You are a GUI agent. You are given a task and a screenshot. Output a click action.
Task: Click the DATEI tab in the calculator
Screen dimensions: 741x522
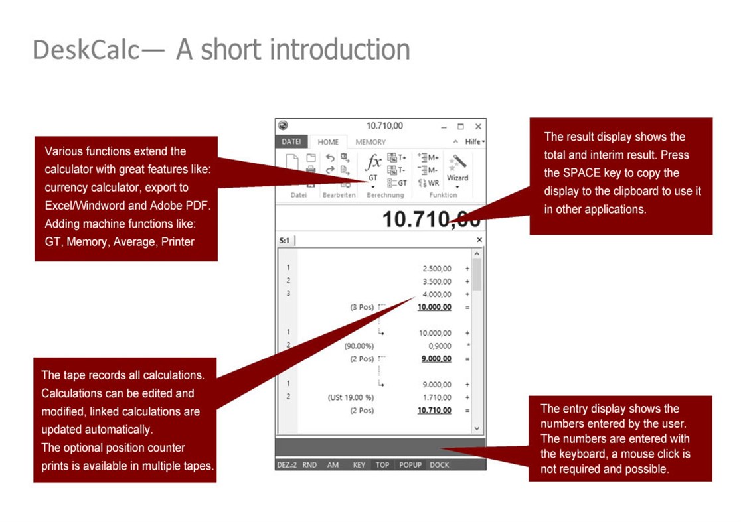[291, 141]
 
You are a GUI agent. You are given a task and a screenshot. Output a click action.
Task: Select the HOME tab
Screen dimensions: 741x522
[328, 142]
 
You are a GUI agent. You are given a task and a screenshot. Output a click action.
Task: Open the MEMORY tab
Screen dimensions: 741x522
[370, 142]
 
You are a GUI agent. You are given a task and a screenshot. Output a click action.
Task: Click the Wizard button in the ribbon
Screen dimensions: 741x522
[457, 169]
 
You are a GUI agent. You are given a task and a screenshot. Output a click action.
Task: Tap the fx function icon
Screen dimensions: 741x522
[373, 162]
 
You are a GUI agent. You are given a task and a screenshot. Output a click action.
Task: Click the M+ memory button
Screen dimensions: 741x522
[429, 157]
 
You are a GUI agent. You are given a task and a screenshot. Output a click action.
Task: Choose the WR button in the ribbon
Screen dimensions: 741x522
[429, 183]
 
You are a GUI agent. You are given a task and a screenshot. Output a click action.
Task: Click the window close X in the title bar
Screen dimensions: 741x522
[478, 127]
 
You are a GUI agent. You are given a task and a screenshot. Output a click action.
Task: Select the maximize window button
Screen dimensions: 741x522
[461, 127]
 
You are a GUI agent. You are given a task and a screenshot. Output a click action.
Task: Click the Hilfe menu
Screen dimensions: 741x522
[475, 141]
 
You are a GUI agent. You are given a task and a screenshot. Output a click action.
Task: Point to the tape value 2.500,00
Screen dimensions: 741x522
[437, 269]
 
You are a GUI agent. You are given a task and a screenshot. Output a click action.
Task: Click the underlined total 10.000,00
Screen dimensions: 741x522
[434, 307]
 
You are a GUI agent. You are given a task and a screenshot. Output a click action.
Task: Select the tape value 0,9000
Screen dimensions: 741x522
[440, 346]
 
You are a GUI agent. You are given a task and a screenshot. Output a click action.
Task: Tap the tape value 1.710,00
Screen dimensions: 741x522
[437, 397]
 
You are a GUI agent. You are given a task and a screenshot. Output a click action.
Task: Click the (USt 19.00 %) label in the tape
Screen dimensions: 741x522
[351, 397]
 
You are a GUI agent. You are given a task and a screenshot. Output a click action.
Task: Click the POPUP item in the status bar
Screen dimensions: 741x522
[410, 465]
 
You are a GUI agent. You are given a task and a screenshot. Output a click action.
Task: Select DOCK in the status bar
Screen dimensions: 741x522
[440, 465]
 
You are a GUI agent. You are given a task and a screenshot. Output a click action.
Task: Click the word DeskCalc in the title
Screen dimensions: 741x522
[86, 50]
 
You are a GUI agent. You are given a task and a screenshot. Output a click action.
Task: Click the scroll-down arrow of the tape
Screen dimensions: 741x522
[477, 428]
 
